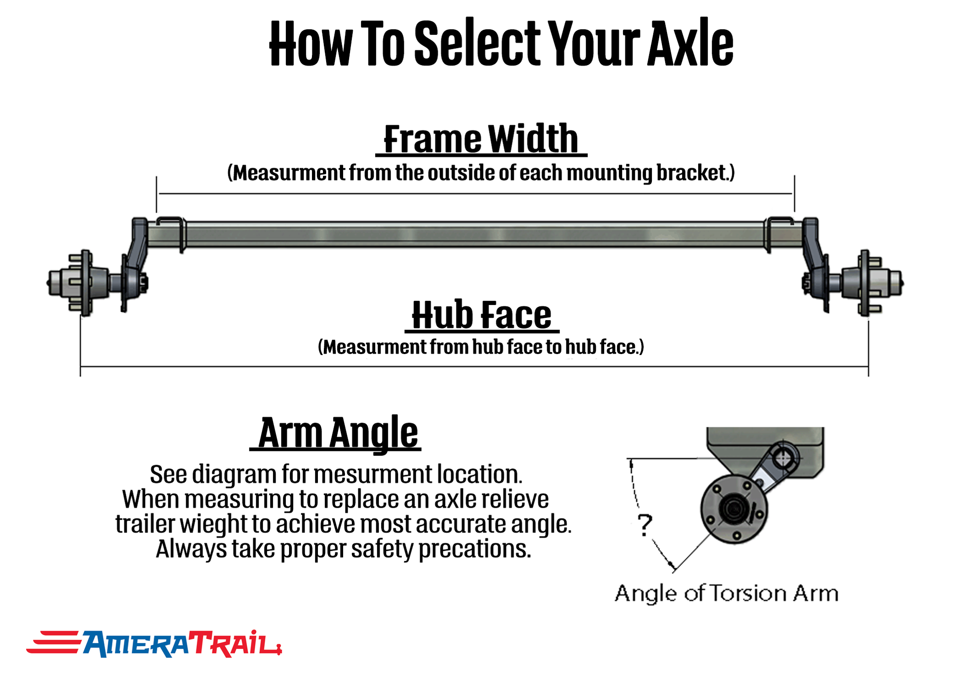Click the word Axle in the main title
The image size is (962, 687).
click(x=690, y=44)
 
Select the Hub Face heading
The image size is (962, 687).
click(x=482, y=315)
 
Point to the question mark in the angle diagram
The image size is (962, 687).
click(x=645, y=525)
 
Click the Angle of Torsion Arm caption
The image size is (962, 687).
click(x=726, y=593)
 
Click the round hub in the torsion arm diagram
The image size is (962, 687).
click(x=734, y=509)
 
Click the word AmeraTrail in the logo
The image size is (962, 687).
click(x=181, y=644)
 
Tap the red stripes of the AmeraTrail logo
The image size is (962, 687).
click(x=53, y=642)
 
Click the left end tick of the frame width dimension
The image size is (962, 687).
click(x=156, y=194)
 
